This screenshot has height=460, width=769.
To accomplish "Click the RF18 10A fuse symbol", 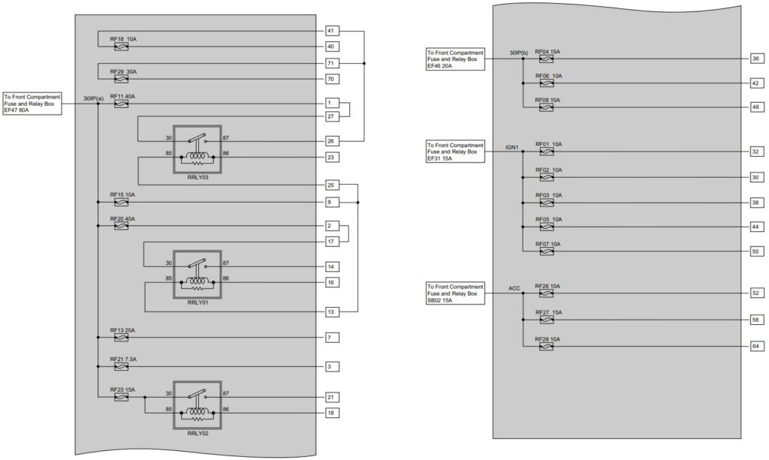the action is coord(121,47).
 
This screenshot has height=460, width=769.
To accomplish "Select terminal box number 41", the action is coord(332,31).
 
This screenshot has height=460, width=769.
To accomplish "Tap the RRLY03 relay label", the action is coord(198,177).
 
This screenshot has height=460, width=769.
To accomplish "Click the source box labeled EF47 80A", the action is coord(32,104).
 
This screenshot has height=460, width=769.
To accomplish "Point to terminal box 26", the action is coord(332,141).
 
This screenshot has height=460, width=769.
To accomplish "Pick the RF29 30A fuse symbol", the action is coord(121,79).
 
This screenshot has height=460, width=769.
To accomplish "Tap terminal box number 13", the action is coord(332,312).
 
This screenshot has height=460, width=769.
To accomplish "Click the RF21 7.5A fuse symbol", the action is coord(121,366).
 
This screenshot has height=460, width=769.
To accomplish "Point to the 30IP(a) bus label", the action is coord(93,98).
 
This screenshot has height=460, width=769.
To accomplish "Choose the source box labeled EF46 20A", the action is coord(456,59).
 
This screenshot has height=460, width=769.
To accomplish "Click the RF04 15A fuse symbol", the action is coord(546,59).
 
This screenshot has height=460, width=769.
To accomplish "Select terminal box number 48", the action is coord(755,107).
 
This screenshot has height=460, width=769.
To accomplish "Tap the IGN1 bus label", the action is coord(512,147).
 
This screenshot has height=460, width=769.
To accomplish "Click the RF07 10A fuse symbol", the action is coord(546,251).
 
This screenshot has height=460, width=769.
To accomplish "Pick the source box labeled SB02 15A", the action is coord(456,293).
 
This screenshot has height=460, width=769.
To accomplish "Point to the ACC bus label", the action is coord(514,289).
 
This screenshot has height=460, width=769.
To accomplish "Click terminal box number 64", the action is coord(755,347).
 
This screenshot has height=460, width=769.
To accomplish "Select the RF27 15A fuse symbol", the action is coord(546,320).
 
